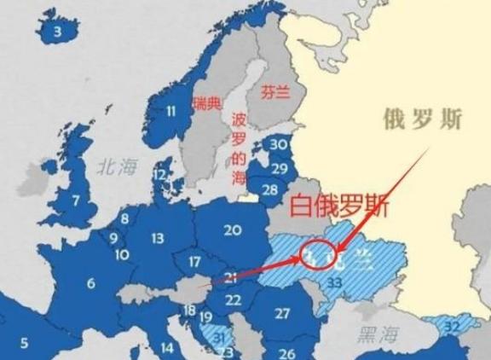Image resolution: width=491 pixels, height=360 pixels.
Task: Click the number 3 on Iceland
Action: pos(58,32)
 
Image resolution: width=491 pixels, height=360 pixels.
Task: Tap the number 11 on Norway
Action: pos(171,110)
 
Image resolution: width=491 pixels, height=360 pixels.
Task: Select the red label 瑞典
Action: pos(207,103)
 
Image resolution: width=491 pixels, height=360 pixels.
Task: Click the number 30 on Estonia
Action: pos(278,145)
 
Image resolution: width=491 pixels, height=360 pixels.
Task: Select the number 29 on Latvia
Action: pos(278,168)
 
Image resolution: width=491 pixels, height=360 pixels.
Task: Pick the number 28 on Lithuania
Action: pos(269,189)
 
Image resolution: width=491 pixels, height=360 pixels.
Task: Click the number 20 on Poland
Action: pos(232,229)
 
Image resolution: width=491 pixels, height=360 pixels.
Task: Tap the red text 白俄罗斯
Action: pos(339,205)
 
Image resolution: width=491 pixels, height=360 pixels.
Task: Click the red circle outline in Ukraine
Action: pos(316,253)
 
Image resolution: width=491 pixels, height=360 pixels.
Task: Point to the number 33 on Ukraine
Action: pos(335,282)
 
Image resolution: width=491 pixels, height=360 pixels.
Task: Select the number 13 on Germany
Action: pos(158,239)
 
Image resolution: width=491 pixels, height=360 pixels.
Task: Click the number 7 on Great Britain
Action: pos(76,201)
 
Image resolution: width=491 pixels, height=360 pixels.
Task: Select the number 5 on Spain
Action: pos(24,343)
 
